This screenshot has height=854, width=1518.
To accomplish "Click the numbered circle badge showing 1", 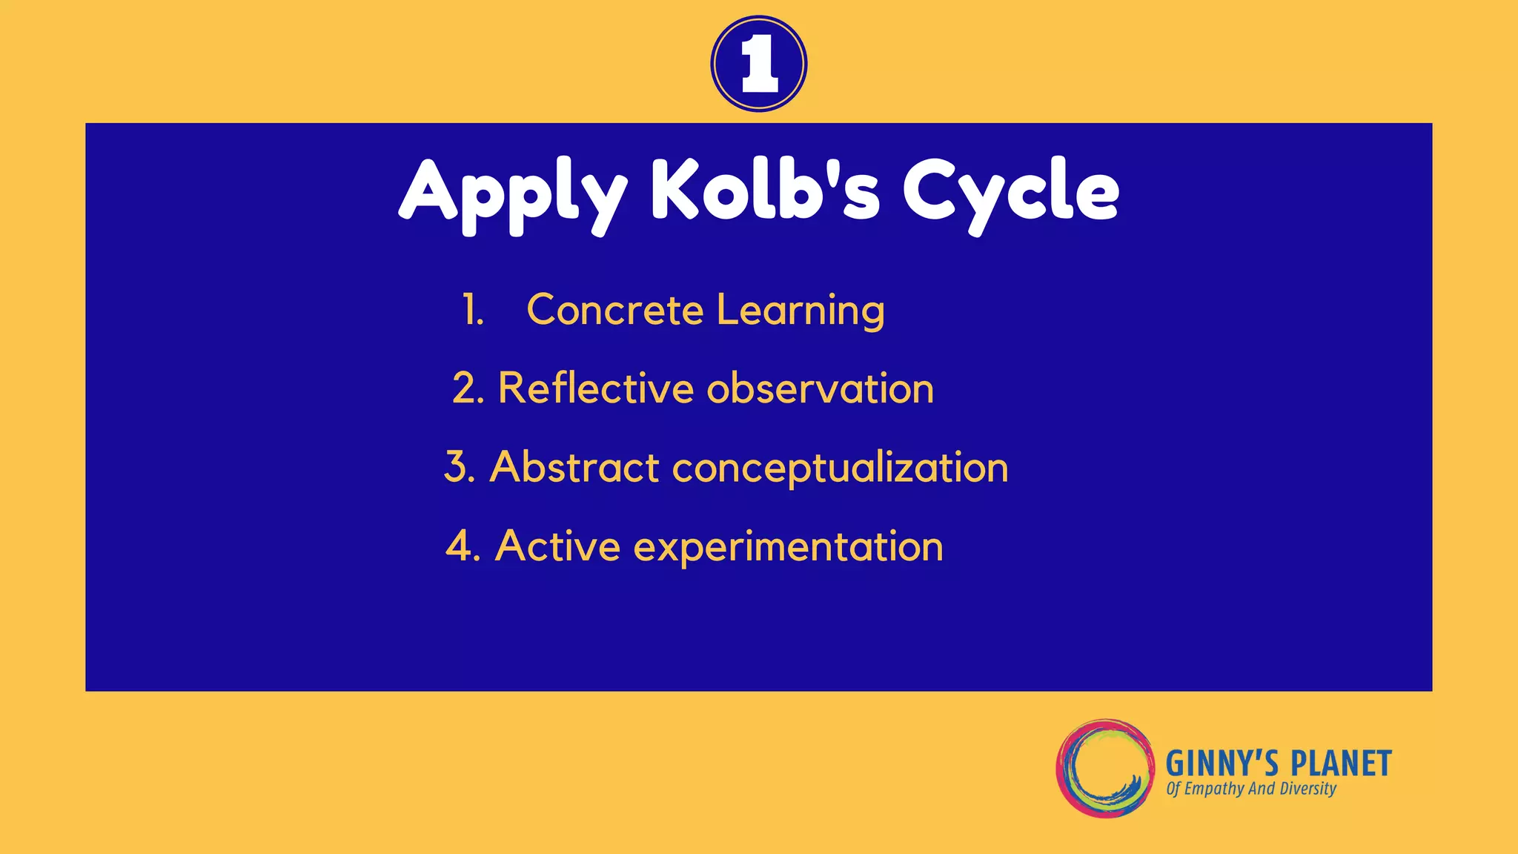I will (x=758, y=64).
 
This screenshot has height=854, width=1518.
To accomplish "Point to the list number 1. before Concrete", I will (x=473, y=310).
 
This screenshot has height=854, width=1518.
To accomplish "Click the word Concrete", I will (x=614, y=310).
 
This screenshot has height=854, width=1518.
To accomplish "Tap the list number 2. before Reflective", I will (x=468, y=388).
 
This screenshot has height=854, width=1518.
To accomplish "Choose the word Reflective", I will (x=594, y=388).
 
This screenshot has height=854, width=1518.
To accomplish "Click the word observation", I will (x=821, y=388).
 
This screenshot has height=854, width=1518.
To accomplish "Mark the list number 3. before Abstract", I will (x=460, y=468).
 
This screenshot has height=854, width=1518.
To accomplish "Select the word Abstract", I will (x=574, y=468).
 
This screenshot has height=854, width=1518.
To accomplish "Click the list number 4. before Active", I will (x=463, y=546).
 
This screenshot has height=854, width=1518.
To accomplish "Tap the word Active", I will (x=557, y=546).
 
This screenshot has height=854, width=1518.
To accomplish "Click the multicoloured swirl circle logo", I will (x=1105, y=768).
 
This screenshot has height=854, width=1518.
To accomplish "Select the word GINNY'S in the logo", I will (x=1222, y=764).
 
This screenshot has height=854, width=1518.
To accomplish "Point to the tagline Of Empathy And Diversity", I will (x=1251, y=789).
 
